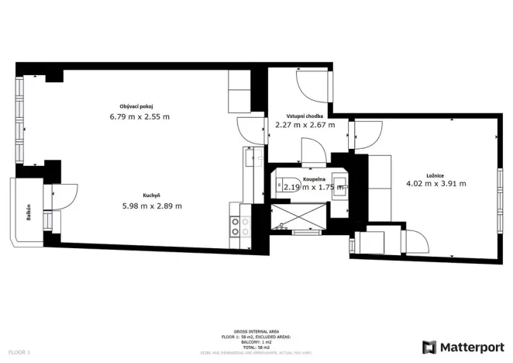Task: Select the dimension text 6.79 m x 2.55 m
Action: tap(139, 117)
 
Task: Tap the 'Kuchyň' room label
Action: tap(151, 195)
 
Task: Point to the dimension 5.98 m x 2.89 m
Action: tap(152, 206)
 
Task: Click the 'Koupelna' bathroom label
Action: tap(303, 178)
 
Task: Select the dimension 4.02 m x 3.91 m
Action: tap(436, 185)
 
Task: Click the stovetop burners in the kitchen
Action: tap(240, 226)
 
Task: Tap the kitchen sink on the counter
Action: tap(246, 159)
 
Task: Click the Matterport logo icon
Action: tap(429, 347)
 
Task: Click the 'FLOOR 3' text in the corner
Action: tap(16, 353)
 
